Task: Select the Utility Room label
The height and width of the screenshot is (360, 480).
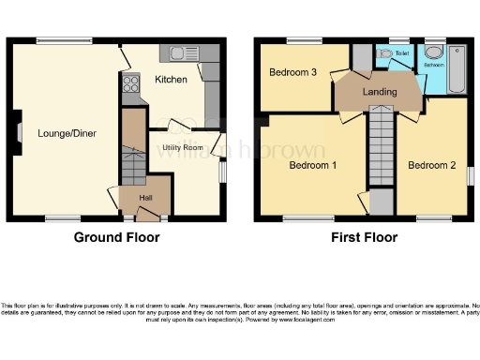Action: (x=182, y=148)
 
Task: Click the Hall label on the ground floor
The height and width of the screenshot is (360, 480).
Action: (x=146, y=198)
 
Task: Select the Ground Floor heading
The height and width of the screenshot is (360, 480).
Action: (x=116, y=238)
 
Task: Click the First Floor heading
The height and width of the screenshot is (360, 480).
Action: (x=364, y=238)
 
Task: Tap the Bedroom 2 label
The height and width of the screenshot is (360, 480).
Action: (x=431, y=165)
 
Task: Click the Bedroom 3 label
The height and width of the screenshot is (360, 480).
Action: (x=293, y=72)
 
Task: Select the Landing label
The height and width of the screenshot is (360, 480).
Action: (x=380, y=92)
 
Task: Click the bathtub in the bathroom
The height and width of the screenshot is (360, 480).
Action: (x=457, y=68)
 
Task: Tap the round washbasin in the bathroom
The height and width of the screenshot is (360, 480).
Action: (x=433, y=53)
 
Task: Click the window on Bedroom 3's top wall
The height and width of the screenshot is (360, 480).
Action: (x=303, y=40)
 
